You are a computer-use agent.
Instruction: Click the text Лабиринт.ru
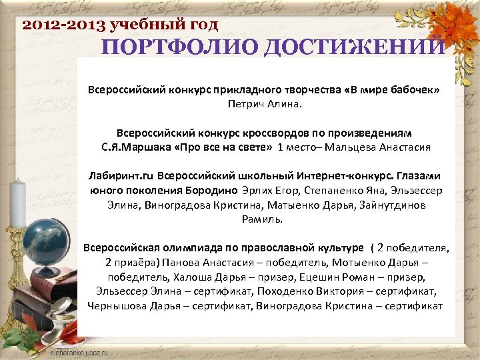(x=122, y=176)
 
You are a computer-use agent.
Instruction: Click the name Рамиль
(x=262, y=219)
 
